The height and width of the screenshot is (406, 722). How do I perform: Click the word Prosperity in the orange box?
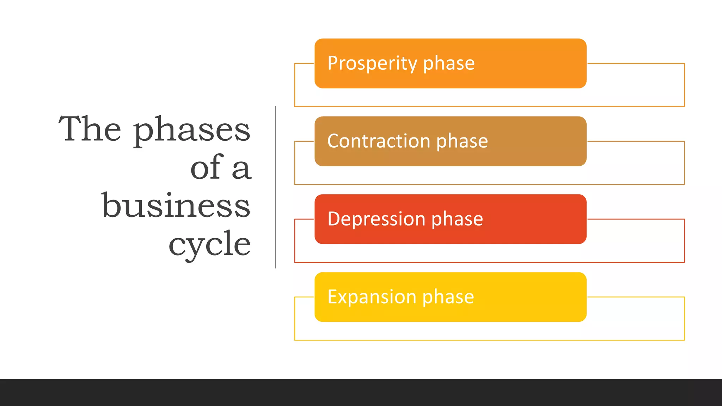tap(372, 63)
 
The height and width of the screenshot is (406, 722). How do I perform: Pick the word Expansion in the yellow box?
tap(372, 297)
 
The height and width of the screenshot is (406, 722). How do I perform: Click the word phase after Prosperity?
tap(448, 63)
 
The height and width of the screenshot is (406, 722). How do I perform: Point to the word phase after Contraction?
tap(462, 141)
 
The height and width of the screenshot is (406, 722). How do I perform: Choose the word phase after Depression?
tap(457, 219)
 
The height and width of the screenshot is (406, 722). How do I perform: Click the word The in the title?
tap(90, 129)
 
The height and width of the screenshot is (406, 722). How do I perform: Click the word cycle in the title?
tap(209, 245)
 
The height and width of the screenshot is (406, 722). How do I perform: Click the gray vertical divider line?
tap(276, 187)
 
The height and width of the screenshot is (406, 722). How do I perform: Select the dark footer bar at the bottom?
tap(361, 392)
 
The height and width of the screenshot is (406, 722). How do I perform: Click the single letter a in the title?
tap(241, 169)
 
